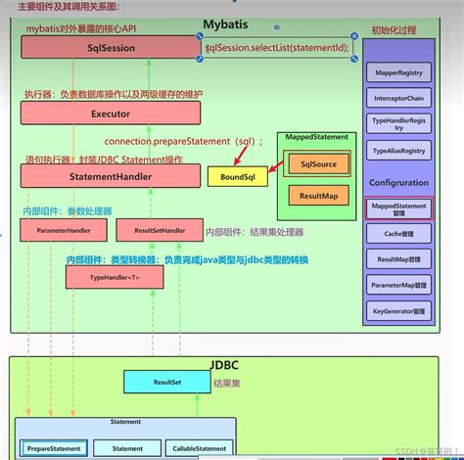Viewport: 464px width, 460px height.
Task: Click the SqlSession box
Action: point(111,47)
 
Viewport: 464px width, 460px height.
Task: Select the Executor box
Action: point(111,114)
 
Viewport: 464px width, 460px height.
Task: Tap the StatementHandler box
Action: point(111,177)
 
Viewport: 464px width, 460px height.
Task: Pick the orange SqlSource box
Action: point(318,164)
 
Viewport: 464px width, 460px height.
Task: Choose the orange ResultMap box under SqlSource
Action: point(318,196)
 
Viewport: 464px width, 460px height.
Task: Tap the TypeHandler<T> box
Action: point(114,278)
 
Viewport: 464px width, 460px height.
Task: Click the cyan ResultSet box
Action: point(165,381)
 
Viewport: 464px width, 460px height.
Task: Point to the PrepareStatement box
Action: point(54,447)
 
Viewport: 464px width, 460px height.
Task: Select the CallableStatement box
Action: point(199,447)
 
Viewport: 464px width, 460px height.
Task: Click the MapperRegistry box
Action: point(398,72)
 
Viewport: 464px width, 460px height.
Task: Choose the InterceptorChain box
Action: point(398,99)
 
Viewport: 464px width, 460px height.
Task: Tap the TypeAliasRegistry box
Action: point(398,153)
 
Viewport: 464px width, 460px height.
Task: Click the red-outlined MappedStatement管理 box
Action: point(398,207)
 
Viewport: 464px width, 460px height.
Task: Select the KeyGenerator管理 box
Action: point(398,310)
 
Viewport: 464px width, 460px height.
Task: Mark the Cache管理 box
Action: point(398,234)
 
